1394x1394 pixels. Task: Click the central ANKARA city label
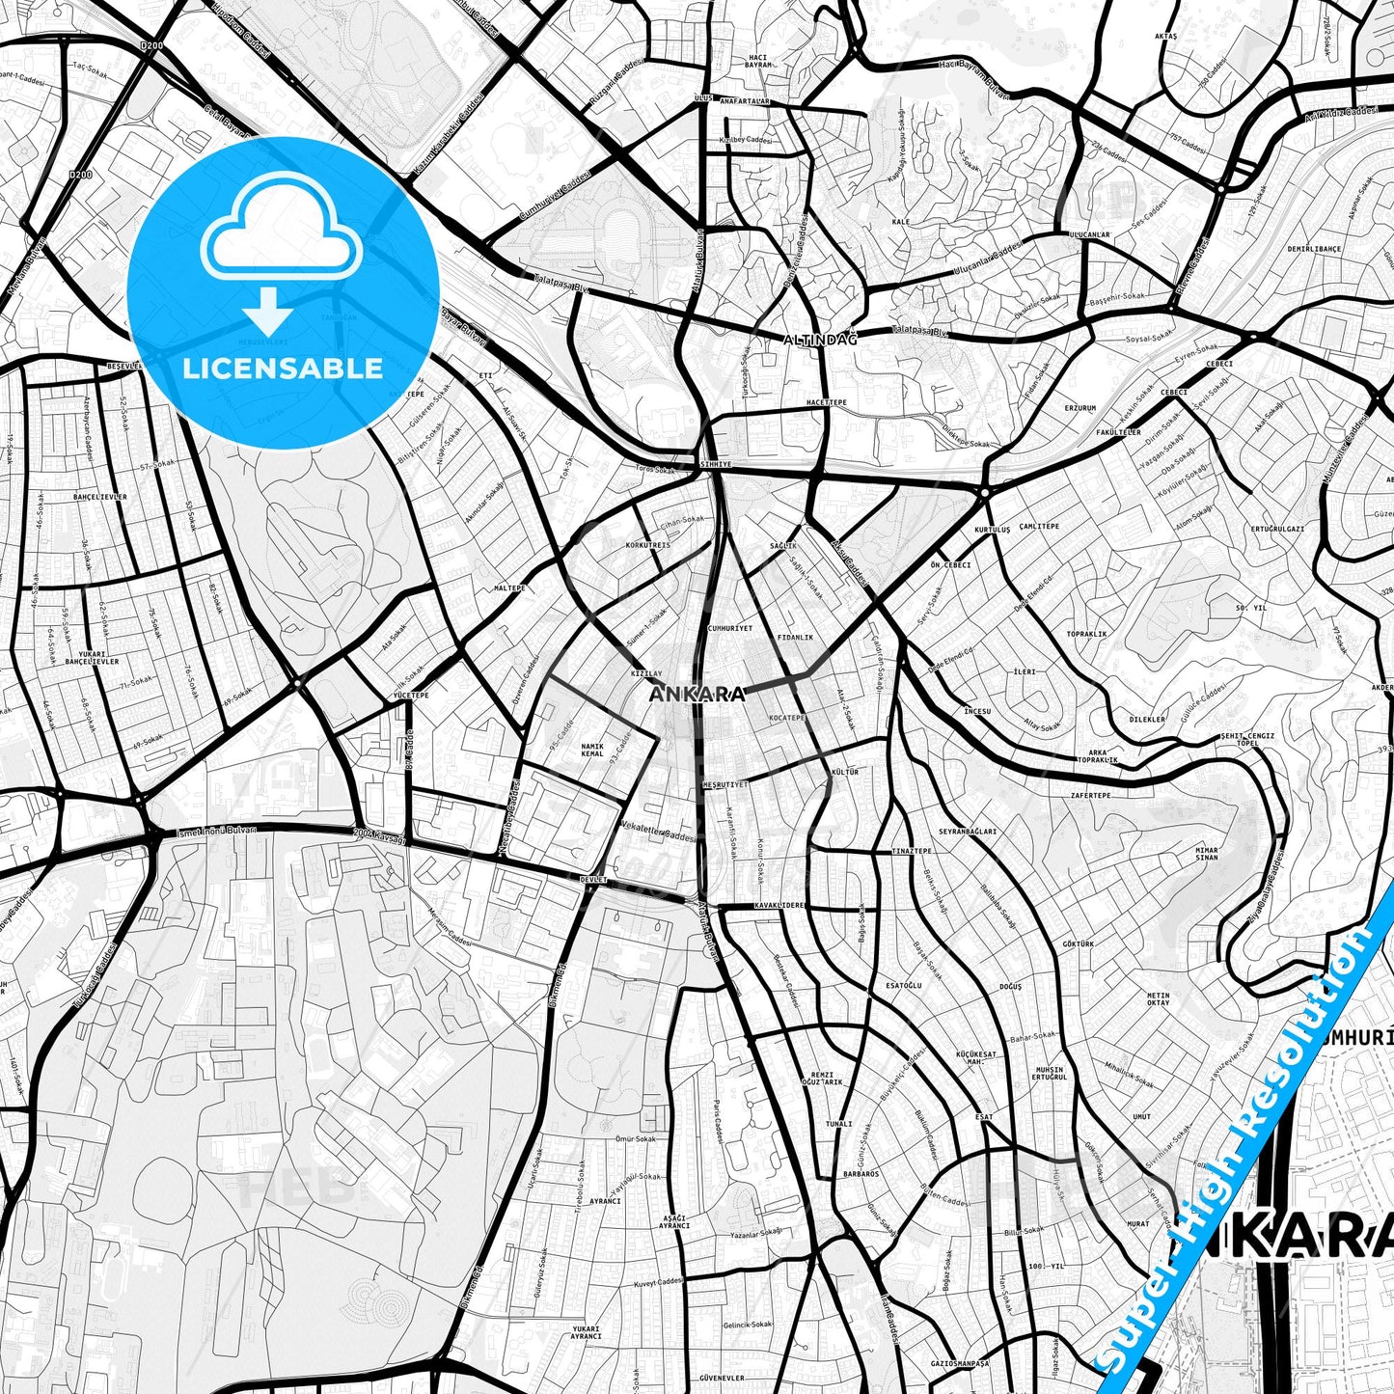[x=697, y=694]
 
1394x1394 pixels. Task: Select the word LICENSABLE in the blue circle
[x=283, y=368]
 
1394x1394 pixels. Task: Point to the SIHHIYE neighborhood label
[x=717, y=464]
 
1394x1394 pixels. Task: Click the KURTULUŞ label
[x=993, y=530]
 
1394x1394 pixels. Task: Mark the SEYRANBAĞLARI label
[x=968, y=831]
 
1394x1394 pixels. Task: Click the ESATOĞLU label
[x=904, y=985]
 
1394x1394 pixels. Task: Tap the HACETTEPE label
[x=827, y=401]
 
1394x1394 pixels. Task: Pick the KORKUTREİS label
[x=647, y=545]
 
